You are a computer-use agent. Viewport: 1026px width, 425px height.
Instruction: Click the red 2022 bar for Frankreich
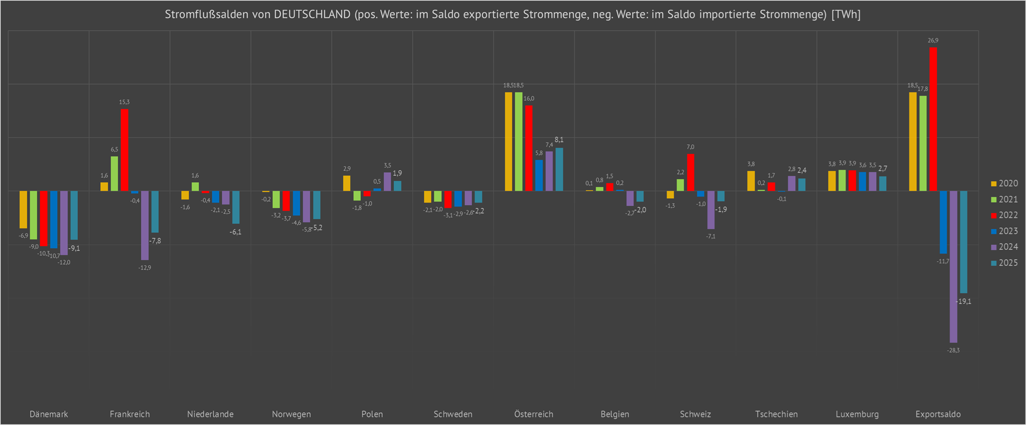pos(125,150)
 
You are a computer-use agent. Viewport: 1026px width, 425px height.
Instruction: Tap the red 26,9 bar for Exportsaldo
pos(933,119)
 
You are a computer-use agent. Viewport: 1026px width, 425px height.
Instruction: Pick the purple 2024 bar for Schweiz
pos(711,210)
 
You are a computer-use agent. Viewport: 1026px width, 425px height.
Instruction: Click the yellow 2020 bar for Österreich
pos(509,141)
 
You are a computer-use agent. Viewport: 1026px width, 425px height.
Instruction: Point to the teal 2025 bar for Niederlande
pos(236,207)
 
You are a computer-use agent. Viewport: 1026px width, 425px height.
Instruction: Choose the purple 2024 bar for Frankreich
pos(145,226)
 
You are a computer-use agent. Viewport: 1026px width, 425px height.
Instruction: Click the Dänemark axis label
pos(49,414)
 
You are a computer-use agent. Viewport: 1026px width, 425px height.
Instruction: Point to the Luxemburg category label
pos(857,414)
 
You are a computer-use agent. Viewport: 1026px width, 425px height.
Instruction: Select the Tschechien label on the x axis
pos(776,414)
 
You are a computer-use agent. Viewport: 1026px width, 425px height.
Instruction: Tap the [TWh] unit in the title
pos(846,14)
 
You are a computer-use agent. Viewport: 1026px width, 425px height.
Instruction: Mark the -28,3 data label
pos(954,350)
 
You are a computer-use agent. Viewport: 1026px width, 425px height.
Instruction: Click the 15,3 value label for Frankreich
pos(124,102)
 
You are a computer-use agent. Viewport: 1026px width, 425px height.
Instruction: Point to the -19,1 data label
pos(964,301)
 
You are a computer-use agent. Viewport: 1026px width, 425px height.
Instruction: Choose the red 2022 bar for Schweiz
pos(691,173)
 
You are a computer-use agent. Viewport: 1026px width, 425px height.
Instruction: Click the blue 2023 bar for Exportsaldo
pos(944,222)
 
